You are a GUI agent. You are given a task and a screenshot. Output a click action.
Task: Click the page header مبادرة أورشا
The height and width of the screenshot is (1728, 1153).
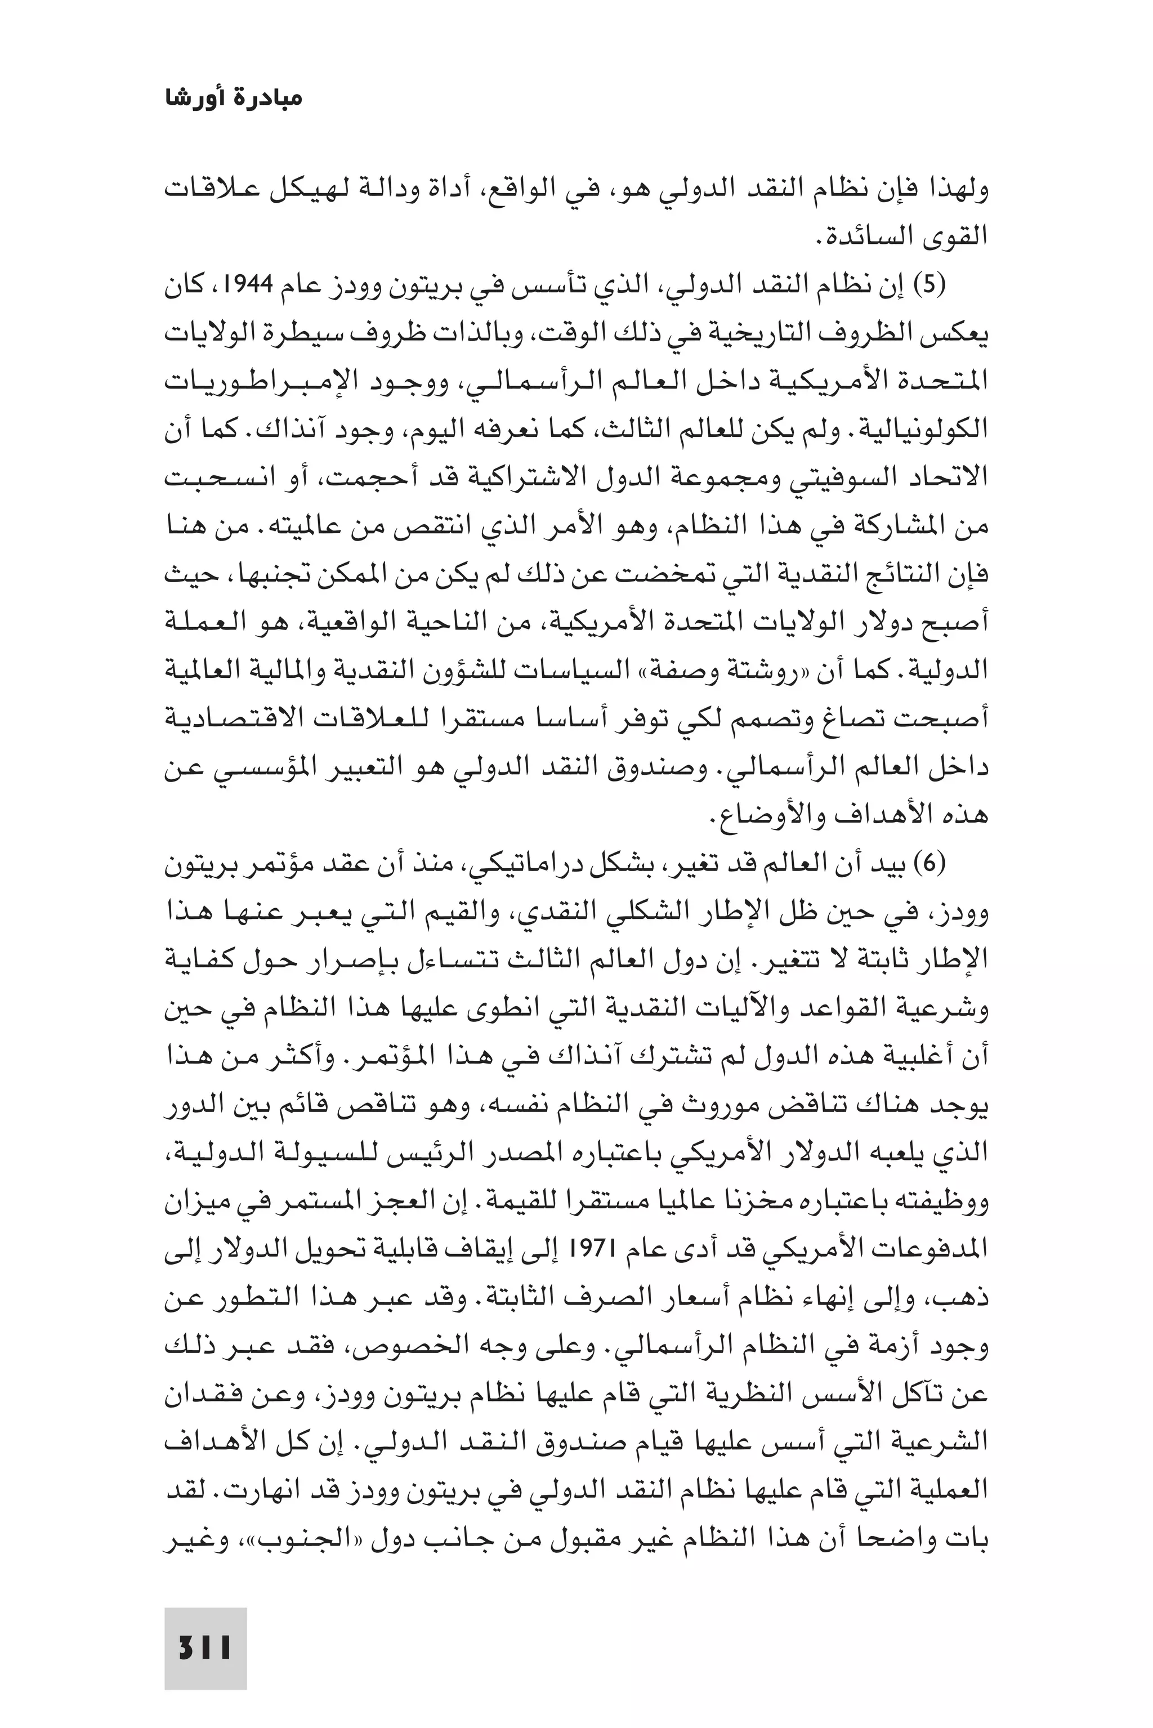pyautogui.click(x=233, y=98)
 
